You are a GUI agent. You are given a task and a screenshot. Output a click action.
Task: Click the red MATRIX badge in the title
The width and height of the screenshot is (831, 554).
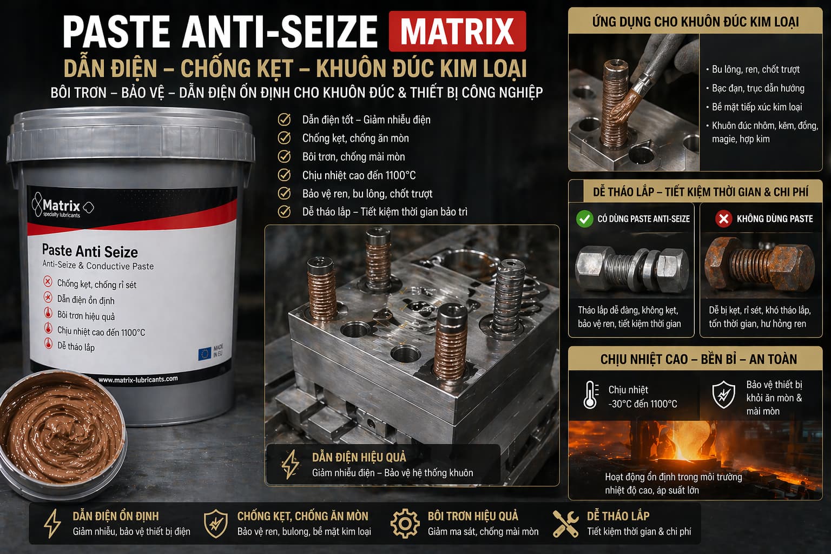point(457,31)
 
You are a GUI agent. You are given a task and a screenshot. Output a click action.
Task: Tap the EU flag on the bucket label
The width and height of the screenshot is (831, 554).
point(205,354)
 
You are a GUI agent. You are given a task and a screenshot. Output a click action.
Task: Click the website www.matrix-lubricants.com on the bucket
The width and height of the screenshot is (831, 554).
point(138,380)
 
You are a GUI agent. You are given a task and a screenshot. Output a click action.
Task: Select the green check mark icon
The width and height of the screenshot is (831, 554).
point(585,219)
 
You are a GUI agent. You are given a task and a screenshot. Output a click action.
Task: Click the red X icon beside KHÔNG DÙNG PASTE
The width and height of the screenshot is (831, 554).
point(723,219)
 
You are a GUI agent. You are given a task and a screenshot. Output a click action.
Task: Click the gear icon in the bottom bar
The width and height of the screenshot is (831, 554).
point(405,524)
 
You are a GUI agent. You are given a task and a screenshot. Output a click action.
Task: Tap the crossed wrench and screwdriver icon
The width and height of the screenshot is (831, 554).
point(565,524)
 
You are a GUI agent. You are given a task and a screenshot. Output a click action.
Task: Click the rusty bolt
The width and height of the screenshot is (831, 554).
point(759,263)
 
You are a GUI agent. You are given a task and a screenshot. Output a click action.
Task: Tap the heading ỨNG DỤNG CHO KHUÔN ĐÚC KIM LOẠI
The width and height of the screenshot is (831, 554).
point(696,22)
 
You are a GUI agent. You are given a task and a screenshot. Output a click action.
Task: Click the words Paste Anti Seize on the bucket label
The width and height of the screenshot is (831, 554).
point(90,251)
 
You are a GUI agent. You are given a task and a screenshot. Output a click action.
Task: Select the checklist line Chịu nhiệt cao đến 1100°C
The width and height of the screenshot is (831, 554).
point(359,175)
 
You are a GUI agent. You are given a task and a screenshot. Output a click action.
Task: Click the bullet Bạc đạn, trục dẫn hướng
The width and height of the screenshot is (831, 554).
point(758,88)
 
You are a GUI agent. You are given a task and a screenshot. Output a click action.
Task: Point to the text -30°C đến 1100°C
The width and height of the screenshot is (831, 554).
point(643,404)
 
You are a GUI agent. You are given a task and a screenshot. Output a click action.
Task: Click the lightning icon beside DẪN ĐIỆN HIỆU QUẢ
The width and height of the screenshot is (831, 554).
point(290,464)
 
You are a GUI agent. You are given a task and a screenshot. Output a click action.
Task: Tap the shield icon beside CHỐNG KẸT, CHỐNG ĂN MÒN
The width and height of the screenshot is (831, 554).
point(216,524)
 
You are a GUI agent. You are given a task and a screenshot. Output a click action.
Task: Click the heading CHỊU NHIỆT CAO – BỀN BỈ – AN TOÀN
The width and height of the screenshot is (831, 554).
point(698,359)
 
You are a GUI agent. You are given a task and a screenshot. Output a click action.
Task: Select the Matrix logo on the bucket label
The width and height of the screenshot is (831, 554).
point(62,205)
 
